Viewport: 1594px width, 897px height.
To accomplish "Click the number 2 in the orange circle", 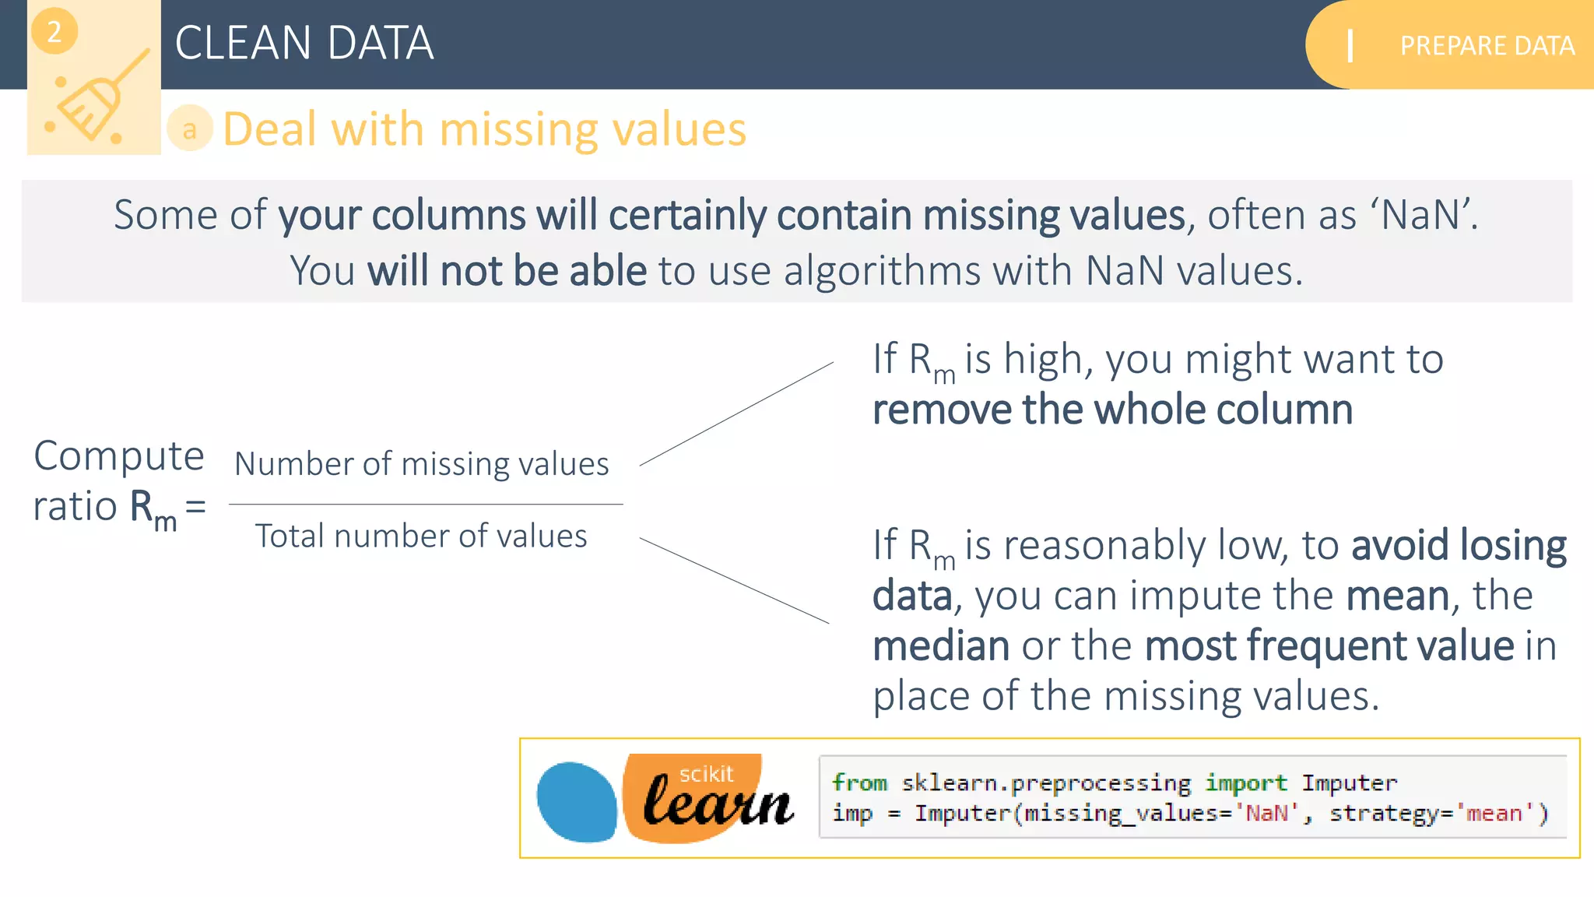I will pyautogui.click(x=54, y=32).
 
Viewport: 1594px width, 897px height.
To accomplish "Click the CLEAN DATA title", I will pyautogui.click(x=304, y=43).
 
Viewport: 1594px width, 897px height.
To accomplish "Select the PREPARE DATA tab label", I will pyautogui.click(x=1487, y=46).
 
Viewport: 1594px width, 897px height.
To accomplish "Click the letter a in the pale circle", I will pyautogui.click(x=189, y=129).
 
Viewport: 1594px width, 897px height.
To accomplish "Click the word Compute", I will pyautogui.click(x=119, y=456).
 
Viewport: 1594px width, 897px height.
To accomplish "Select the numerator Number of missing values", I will pyautogui.click(x=422, y=464).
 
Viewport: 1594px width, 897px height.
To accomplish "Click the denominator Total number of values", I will pyautogui.click(x=421, y=536).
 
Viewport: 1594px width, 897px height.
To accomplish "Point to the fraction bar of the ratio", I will pyautogui.click(x=426, y=504).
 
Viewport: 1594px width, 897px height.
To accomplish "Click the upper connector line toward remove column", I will pyautogui.click(x=736, y=413).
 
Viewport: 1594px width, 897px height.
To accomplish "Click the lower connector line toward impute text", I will pyautogui.click(x=734, y=580).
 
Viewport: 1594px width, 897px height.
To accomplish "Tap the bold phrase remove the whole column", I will pyautogui.click(x=1112, y=410).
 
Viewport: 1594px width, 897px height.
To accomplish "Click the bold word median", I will pyautogui.click(x=941, y=646).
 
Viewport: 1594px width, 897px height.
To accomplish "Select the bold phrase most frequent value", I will pyautogui.click(x=1329, y=646).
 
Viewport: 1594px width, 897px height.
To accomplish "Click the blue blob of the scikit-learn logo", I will pyautogui.click(x=577, y=802).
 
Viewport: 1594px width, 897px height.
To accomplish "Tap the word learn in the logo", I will pyautogui.click(x=718, y=802).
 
